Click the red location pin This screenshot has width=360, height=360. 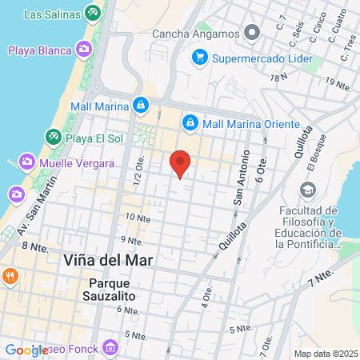pyautogui.click(x=181, y=162)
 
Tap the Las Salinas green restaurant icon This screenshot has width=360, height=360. pyautogui.click(x=93, y=14)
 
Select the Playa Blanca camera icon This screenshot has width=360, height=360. pyautogui.click(x=83, y=50)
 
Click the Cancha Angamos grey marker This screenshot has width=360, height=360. pyautogui.click(x=254, y=33)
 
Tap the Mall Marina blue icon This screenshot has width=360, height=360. pyautogui.click(x=140, y=104)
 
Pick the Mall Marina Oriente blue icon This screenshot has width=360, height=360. pyautogui.click(x=190, y=123)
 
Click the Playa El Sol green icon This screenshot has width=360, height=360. pyautogui.click(x=53, y=137)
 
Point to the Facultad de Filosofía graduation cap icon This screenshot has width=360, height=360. pyautogui.click(x=307, y=190)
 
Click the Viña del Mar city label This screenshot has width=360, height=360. pyautogui.click(x=107, y=261)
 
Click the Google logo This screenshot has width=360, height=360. pyautogui.click(x=26, y=350)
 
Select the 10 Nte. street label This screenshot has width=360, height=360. pyautogui.click(x=138, y=218)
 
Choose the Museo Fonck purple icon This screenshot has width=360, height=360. pyautogui.click(x=110, y=347)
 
